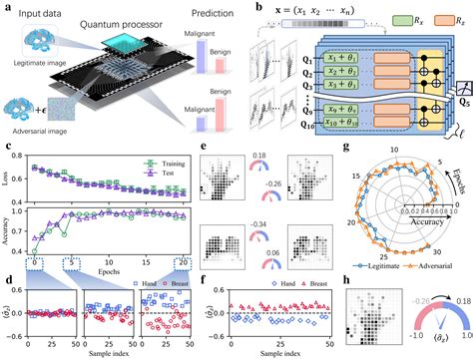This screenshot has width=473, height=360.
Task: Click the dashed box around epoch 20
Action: [x=184, y=261]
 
